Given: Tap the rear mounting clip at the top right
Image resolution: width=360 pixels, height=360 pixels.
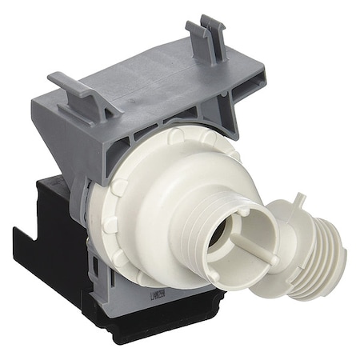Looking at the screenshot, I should pos(206,36).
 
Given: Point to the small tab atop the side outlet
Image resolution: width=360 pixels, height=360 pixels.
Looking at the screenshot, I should pos(297,201).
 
